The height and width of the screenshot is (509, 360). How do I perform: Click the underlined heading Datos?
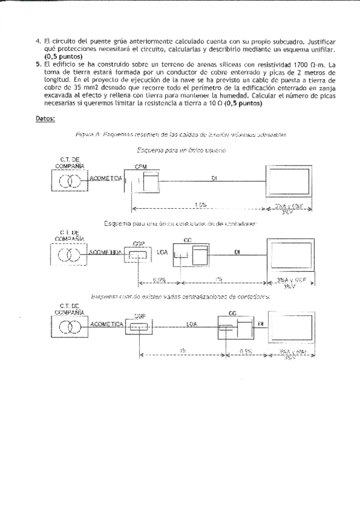tap(45, 118)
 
